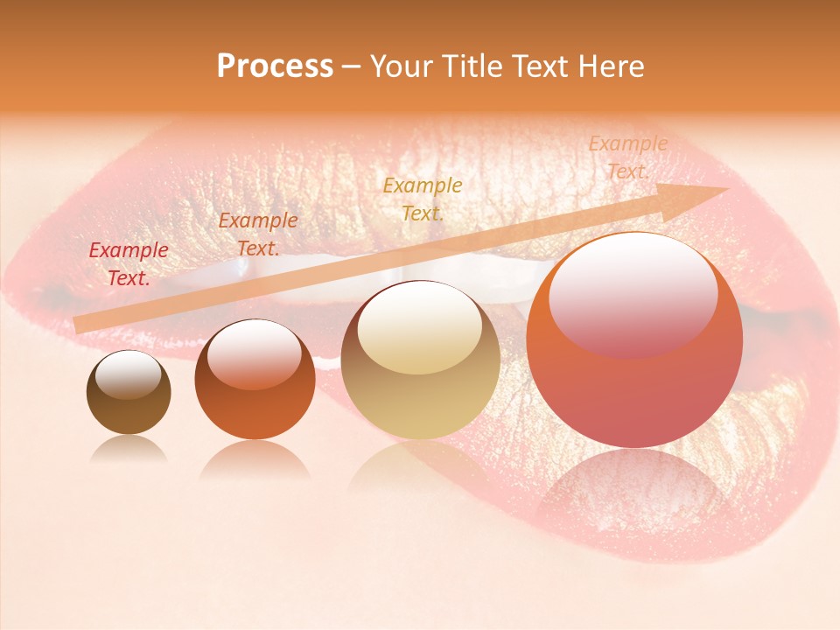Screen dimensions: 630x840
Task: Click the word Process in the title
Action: tap(275, 66)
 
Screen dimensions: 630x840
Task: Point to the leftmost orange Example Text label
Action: tap(257, 234)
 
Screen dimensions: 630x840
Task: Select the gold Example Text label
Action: tap(423, 199)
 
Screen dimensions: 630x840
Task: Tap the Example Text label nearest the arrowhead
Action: tap(627, 157)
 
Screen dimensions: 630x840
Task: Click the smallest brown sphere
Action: tap(129, 393)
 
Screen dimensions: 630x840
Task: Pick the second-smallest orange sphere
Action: tap(255, 380)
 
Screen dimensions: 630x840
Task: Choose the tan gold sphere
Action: tap(420, 360)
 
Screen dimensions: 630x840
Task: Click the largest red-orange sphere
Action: tap(634, 339)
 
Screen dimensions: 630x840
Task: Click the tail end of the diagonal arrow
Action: tap(77, 325)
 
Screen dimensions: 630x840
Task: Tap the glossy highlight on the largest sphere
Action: tap(633, 293)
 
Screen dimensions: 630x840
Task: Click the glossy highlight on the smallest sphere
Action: tap(128, 375)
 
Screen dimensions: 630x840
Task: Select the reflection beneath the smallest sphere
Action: tap(129, 449)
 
